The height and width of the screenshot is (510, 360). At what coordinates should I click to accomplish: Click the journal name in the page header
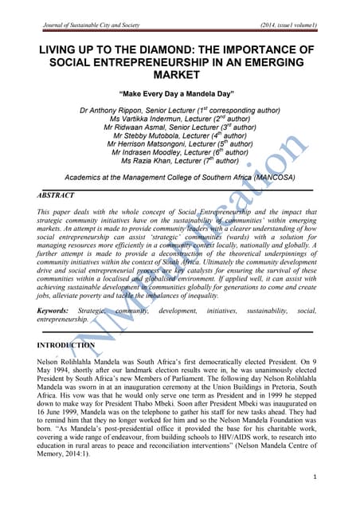[97, 26]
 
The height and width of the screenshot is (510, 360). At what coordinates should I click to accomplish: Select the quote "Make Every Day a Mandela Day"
[179, 92]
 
